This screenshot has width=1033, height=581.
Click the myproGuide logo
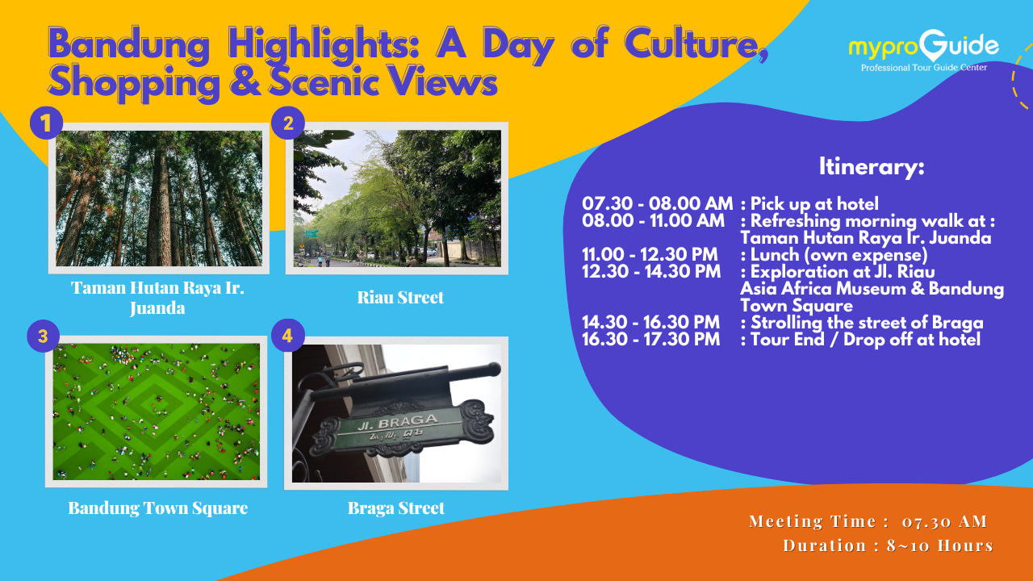924,51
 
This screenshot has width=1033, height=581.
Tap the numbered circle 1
46,123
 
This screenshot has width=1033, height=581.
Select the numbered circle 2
288,123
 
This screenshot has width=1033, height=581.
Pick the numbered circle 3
44,336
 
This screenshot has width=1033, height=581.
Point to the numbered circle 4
288,335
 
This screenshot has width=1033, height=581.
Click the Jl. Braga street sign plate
400,428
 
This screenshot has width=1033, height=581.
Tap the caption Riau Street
400,298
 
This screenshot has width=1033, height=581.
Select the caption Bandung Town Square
158,508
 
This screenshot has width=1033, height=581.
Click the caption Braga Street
396,508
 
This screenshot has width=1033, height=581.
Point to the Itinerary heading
872,166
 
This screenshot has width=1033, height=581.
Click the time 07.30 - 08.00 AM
657,203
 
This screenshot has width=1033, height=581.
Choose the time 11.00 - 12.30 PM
650,254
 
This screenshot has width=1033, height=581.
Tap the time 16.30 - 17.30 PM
650,340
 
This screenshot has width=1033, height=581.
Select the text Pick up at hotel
814,204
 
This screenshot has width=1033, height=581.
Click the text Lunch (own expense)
839,255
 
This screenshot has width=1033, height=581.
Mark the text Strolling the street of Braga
867,323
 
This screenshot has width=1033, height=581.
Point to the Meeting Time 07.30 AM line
868,521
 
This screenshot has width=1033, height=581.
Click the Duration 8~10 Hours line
889,545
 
